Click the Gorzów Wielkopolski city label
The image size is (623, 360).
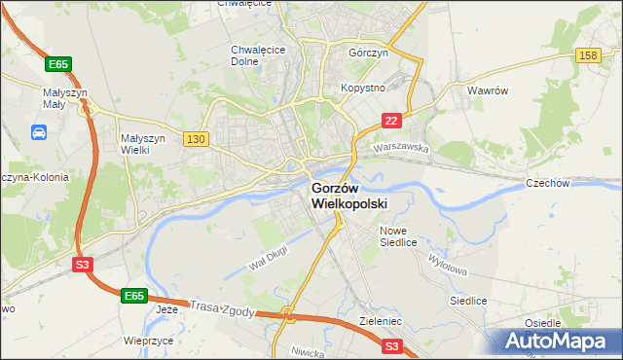348,196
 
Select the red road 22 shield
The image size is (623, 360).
390,121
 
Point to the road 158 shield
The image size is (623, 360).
587,57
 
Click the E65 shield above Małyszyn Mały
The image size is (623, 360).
58,64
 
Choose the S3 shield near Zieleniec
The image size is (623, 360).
391,345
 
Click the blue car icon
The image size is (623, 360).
39,131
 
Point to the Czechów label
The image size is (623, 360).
573,183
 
